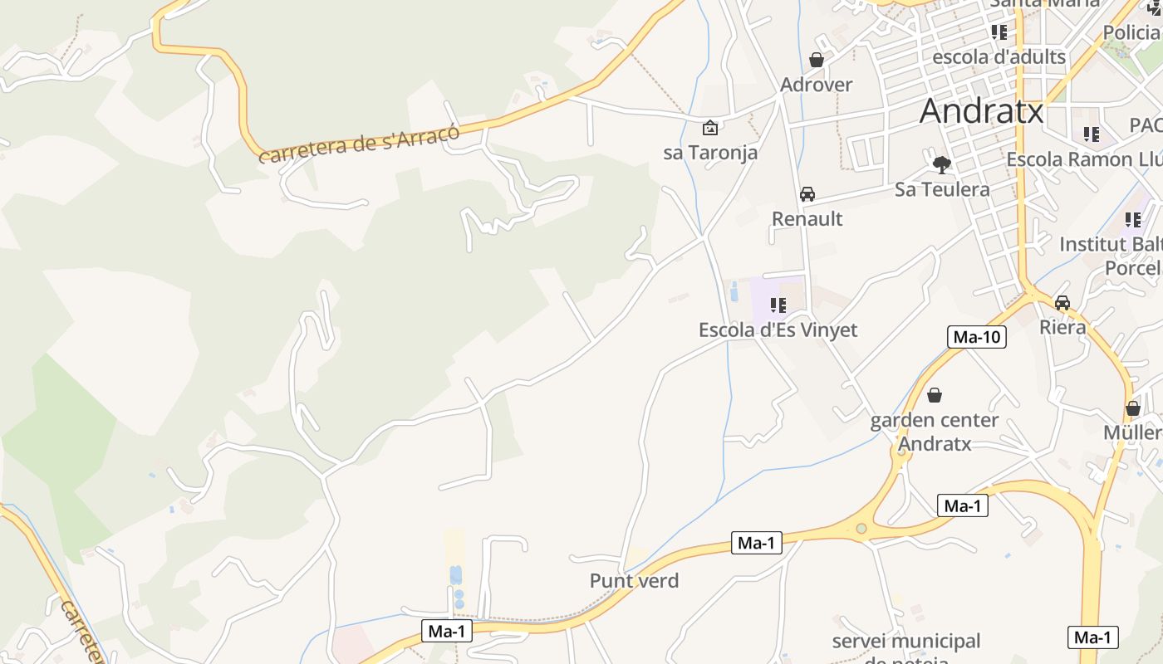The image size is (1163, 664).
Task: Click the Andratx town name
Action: pos(981,110)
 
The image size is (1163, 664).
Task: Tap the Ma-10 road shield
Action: pos(977,337)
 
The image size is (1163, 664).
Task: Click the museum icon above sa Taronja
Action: pos(710,128)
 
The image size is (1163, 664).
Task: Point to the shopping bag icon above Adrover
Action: pos(817,60)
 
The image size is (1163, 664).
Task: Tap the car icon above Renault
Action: pos(807,194)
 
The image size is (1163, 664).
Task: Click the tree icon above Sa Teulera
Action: pos(941,165)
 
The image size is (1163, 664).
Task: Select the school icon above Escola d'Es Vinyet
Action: pos(778,305)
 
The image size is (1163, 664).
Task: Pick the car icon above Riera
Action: pos(1062,302)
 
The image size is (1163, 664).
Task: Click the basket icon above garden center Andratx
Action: pos(935,395)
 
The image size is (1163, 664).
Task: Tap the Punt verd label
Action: pos(634,581)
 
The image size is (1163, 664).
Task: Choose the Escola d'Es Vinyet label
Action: pos(778,330)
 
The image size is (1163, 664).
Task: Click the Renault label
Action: pos(807,219)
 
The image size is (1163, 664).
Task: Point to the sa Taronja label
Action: pos(710,153)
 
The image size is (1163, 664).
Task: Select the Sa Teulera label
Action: pos(942,190)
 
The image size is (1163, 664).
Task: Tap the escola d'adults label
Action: pos(999,57)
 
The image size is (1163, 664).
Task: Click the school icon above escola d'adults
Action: pos(999,32)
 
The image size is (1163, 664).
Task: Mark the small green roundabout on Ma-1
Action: pos(861,529)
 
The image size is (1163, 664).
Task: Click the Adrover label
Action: pos(817,85)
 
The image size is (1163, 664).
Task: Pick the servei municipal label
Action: pos(905,642)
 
